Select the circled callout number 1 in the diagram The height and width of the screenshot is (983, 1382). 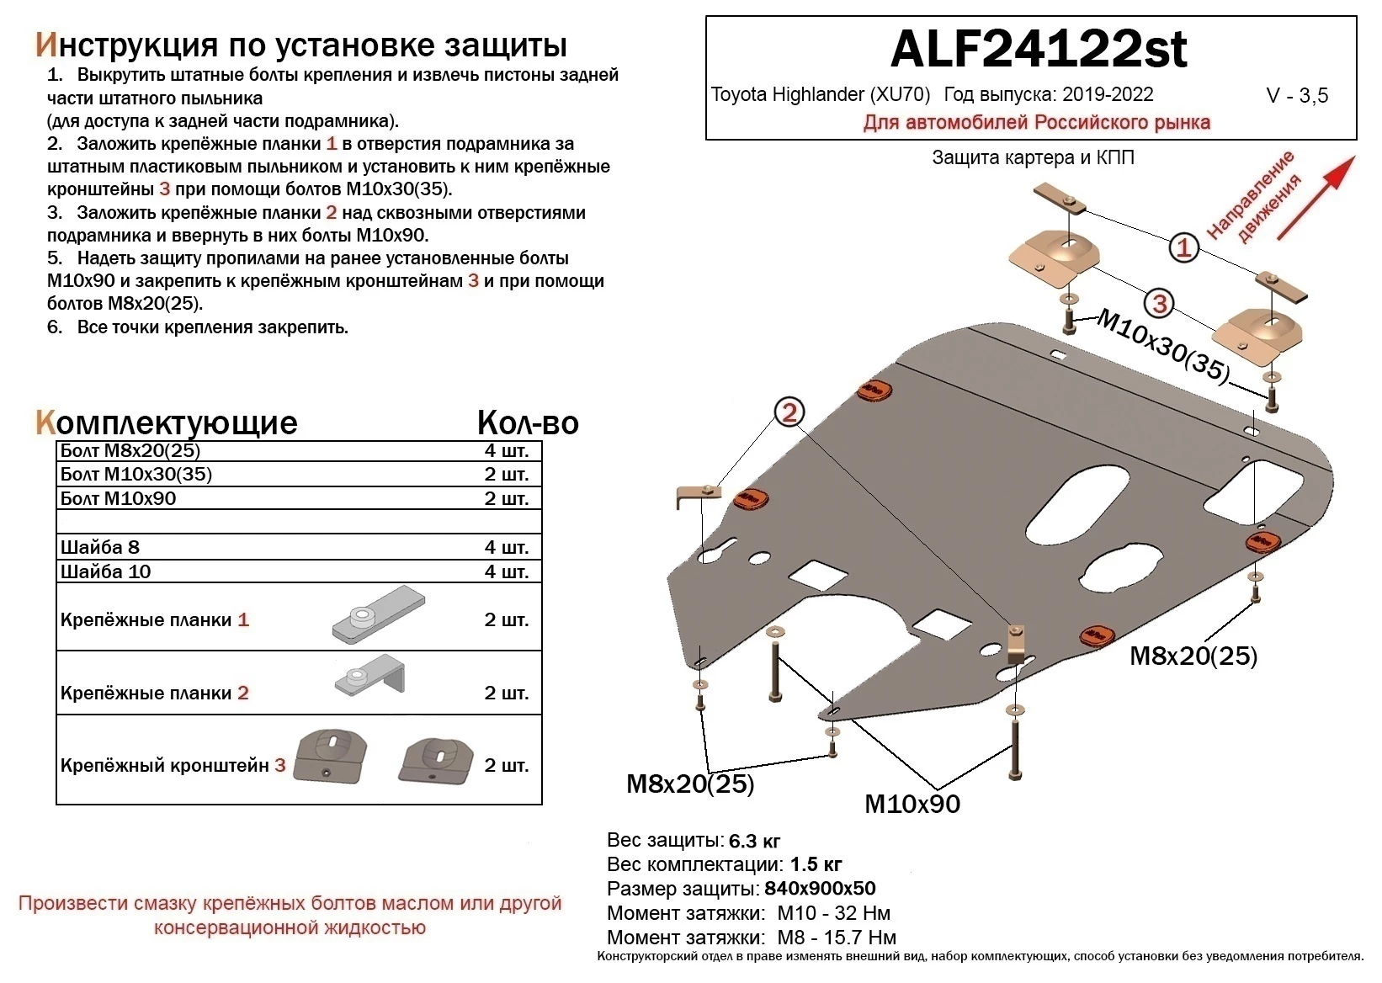click(x=1184, y=247)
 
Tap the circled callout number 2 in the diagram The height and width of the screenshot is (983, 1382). click(x=789, y=412)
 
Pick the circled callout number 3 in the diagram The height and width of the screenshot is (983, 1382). click(x=1160, y=304)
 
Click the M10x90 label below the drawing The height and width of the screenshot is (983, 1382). click(x=912, y=804)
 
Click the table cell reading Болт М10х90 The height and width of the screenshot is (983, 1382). click(x=119, y=498)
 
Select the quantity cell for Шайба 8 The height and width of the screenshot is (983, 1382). click(x=506, y=547)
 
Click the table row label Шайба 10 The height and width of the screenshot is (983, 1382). click(x=106, y=571)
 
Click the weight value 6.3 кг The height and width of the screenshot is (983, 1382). click(x=754, y=841)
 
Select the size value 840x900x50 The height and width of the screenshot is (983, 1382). click(x=820, y=889)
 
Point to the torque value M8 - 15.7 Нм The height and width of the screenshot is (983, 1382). click(x=837, y=938)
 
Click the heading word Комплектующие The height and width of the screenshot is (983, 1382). click(x=167, y=422)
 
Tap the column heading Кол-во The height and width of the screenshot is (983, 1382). click(x=528, y=422)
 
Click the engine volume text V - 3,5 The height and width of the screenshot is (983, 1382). click(x=1297, y=95)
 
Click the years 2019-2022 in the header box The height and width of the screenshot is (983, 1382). click(x=1107, y=94)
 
